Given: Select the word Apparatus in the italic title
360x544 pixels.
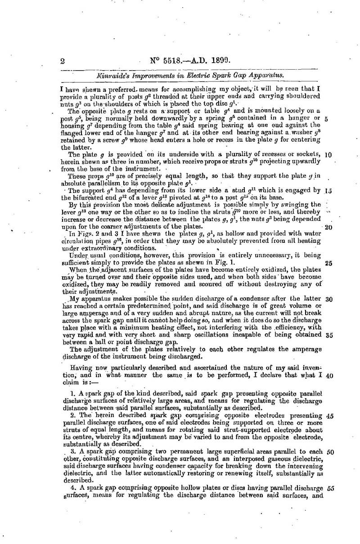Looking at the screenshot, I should click(270, 76).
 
